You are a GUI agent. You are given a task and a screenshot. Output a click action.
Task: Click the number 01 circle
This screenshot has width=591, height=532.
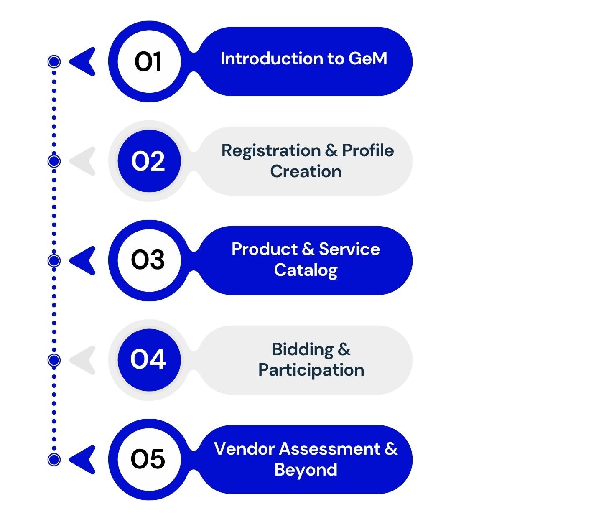(149, 61)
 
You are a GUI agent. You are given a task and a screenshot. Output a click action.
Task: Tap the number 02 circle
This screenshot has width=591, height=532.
(149, 161)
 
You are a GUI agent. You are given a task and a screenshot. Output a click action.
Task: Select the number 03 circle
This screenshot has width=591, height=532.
(149, 260)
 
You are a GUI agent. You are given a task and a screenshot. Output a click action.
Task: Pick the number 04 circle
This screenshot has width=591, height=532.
(149, 360)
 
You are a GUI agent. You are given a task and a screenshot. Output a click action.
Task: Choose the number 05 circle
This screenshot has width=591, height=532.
(149, 460)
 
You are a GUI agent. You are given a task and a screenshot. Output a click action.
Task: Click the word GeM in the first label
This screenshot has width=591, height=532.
(368, 59)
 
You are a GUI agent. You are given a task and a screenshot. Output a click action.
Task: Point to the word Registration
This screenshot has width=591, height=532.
(271, 151)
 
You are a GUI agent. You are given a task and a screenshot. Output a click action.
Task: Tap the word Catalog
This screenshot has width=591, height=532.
(306, 270)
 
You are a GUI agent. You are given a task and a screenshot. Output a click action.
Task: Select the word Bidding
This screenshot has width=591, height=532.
(303, 350)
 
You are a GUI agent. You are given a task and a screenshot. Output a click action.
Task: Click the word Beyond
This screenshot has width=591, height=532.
(306, 470)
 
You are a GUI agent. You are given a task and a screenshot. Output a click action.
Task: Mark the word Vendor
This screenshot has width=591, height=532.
(244, 449)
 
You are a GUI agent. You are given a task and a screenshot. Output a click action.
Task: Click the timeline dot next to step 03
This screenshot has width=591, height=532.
(54, 261)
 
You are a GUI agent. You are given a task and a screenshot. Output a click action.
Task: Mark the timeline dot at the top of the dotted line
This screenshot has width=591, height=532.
(54, 61)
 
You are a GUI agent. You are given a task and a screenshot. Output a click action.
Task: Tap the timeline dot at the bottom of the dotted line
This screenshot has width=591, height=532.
(54, 460)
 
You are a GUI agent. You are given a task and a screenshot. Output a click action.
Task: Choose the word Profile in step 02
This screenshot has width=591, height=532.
(368, 150)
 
